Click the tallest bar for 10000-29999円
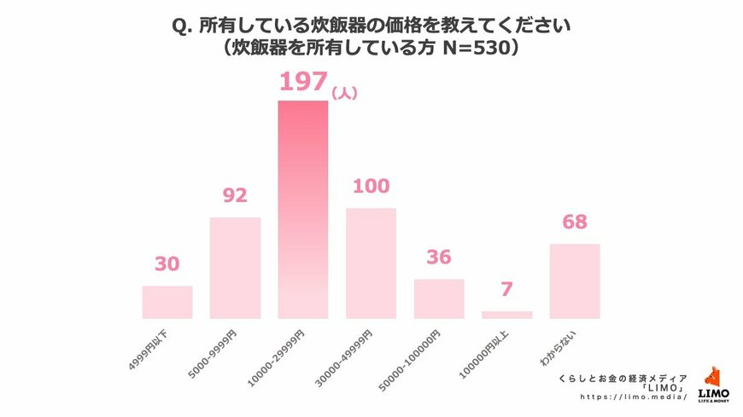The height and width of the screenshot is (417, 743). (302, 209)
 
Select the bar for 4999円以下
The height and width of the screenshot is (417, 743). (167, 302)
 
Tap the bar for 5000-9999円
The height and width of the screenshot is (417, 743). (235, 268)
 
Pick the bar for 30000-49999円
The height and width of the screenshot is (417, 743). (371, 263)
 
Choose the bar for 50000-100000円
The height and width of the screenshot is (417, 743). (439, 298)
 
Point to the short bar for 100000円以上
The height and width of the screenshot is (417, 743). (506, 315)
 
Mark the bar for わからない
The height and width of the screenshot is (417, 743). (575, 281)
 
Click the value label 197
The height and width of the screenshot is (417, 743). (303, 83)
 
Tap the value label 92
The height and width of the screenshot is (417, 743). (235, 195)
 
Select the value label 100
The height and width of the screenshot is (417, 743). (371, 186)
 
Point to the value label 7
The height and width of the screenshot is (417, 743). (506, 290)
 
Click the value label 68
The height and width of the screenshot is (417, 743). (575, 223)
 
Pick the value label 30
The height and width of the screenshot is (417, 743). (167, 264)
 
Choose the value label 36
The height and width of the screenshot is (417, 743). (439, 258)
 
